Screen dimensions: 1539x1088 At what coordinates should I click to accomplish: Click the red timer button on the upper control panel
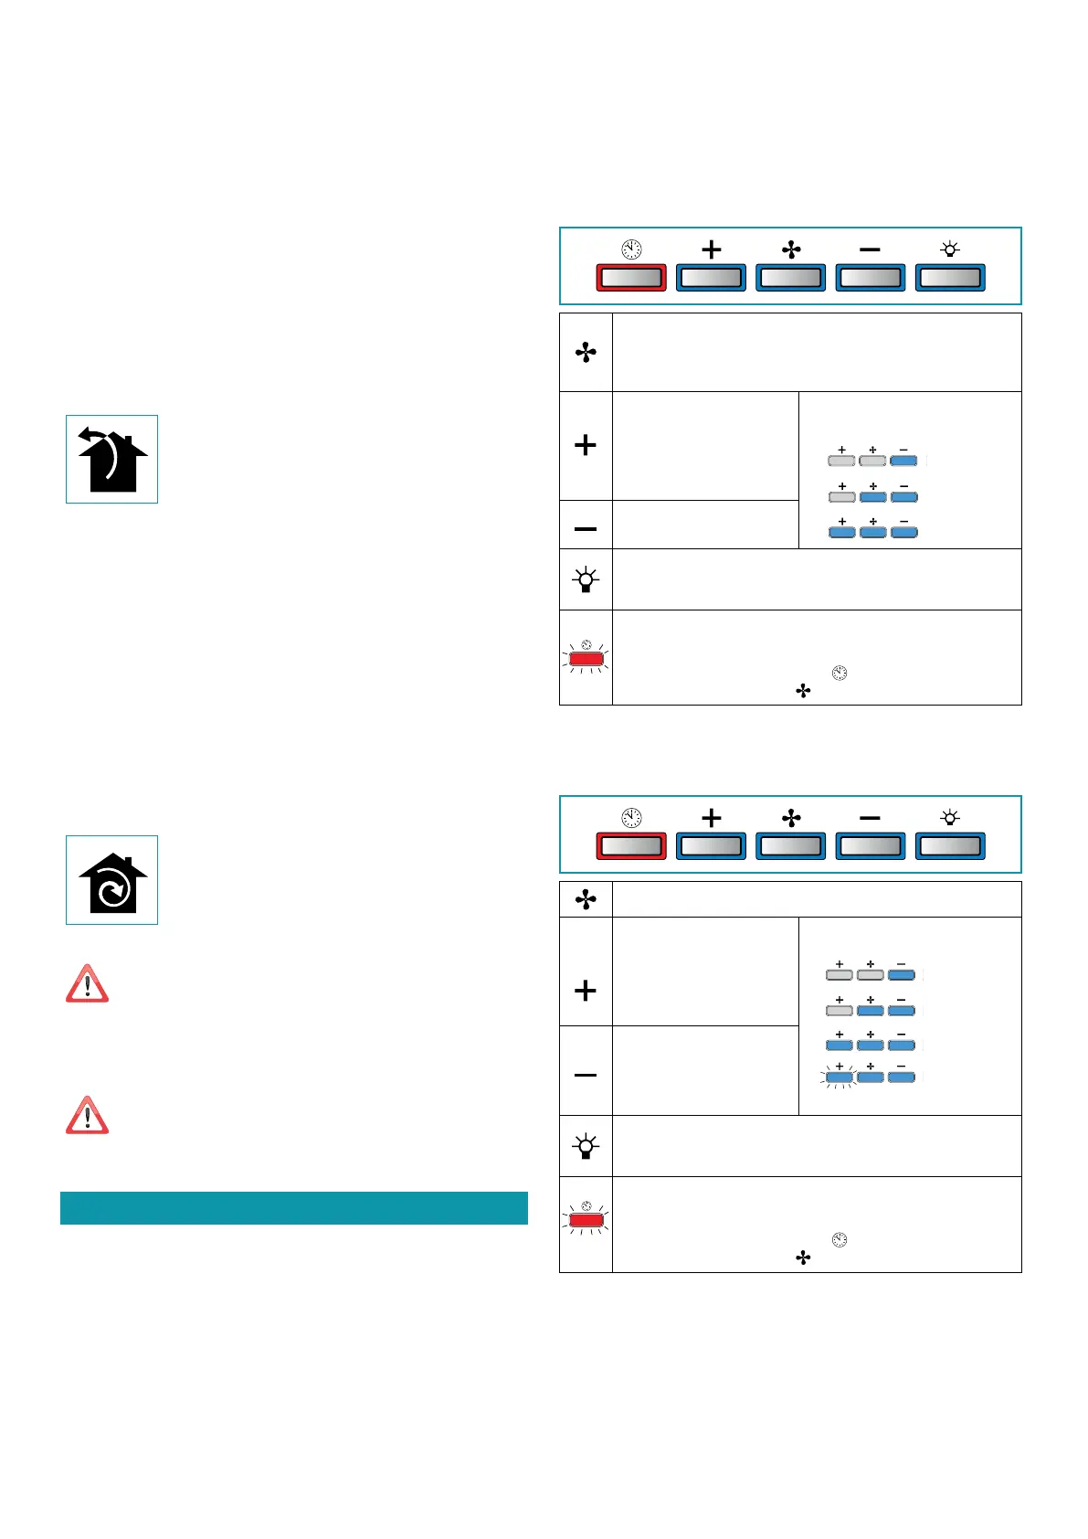[x=630, y=278]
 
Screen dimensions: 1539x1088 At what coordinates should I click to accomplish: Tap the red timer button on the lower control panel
[x=630, y=846]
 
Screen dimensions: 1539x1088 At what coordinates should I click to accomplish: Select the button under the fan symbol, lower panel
[x=791, y=846]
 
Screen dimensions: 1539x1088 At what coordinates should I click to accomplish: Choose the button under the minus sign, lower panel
[x=871, y=846]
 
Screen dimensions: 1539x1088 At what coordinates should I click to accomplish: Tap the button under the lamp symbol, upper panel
[x=950, y=278]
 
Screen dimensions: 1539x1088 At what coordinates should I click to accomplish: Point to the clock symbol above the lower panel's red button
[x=631, y=818]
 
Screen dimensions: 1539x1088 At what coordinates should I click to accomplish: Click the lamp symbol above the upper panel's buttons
[x=950, y=249]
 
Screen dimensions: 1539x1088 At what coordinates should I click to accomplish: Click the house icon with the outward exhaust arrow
[x=111, y=460]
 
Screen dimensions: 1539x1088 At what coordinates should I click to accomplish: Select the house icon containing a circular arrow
[x=111, y=880]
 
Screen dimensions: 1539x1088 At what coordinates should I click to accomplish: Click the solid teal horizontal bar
[x=293, y=1207]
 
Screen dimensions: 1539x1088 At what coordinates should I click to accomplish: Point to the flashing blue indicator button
[x=839, y=1078]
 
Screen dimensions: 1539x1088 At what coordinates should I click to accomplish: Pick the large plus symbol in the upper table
[x=586, y=445]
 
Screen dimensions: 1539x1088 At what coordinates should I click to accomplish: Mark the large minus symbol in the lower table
[x=586, y=1075]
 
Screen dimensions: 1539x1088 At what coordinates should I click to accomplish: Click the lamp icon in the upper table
[x=586, y=580]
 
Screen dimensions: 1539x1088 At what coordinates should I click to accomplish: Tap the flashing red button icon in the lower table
[x=586, y=1219]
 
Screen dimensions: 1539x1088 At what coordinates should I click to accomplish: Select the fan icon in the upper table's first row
[x=586, y=353]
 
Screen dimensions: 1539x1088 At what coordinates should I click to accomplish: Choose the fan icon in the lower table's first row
[x=586, y=900]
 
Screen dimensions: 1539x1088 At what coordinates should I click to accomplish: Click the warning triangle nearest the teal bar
[x=88, y=1116]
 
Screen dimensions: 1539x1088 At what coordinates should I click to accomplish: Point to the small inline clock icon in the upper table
[x=840, y=674]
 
